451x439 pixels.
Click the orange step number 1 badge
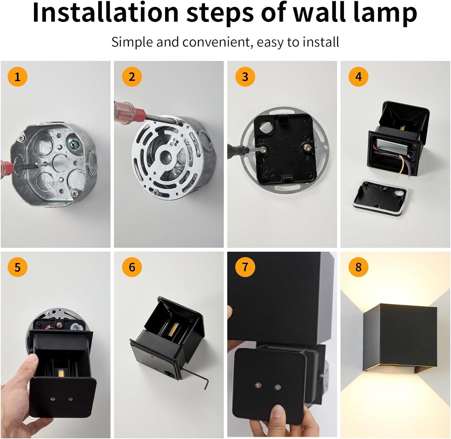[x=17, y=77]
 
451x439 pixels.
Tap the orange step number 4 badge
[x=358, y=77]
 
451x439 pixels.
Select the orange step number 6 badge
[x=132, y=267]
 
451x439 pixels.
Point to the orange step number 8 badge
[x=358, y=267]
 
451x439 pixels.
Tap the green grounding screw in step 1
[x=74, y=145]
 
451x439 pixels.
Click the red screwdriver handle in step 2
[x=130, y=110]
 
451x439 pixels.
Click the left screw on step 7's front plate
[x=258, y=385]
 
